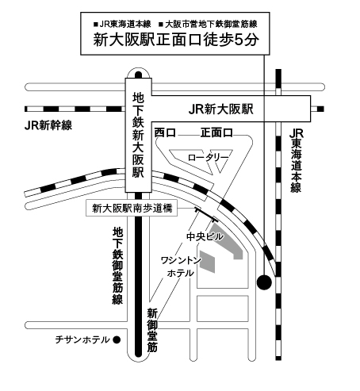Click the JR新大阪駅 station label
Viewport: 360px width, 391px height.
click(x=221, y=109)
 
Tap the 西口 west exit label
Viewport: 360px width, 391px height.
click(x=165, y=132)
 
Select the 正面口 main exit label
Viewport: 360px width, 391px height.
click(x=216, y=132)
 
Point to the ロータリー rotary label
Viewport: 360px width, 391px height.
click(x=208, y=158)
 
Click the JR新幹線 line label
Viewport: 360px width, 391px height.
click(x=48, y=125)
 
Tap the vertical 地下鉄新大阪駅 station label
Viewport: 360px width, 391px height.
click(x=138, y=135)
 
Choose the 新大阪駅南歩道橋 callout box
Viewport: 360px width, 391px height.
click(x=132, y=209)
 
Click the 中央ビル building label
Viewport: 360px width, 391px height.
click(x=205, y=236)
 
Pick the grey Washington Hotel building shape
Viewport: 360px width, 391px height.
click(x=207, y=261)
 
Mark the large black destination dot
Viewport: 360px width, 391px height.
click(x=264, y=282)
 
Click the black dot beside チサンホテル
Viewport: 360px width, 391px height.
click(x=117, y=339)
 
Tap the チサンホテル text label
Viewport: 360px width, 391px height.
click(x=82, y=339)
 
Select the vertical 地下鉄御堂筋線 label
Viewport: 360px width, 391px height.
click(x=117, y=266)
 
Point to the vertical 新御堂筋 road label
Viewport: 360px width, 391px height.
click(x=152, y=330)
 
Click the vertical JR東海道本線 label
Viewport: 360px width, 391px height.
click(x=297, y=161)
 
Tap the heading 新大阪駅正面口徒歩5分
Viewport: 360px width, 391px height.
click(x=176, y=40)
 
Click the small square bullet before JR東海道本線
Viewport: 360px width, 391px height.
click(x=96, y=25)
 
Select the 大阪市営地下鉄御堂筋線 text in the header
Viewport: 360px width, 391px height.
click(x=211, y=25)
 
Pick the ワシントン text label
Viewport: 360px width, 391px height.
click(x=181, y=261)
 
